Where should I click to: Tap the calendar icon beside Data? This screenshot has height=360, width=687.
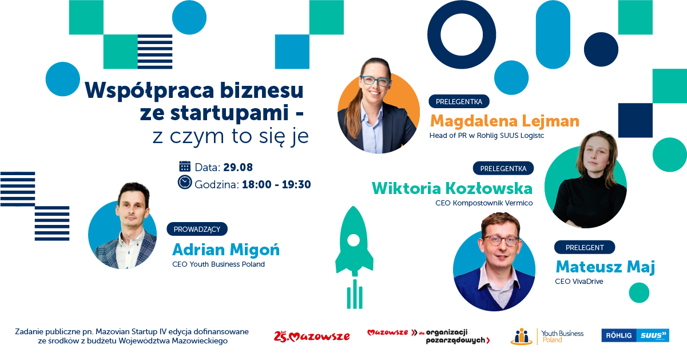coord(185,167)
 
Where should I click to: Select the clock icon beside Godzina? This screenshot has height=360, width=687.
coord(185,183)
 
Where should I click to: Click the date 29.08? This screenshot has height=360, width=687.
coord(238,168)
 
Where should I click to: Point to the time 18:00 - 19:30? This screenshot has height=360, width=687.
coord(276,184)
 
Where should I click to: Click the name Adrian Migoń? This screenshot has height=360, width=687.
coord(226,250)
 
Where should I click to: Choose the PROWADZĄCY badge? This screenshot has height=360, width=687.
coord(197,229)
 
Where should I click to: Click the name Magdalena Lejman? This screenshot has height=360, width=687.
coord(505,121)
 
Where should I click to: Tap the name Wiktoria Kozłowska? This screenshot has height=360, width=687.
coord(452,188)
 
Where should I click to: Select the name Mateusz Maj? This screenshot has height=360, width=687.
coord(605,267)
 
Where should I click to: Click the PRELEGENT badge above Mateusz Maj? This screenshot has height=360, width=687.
coord(585,247)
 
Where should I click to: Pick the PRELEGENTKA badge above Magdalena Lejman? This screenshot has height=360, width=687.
coord(459,102)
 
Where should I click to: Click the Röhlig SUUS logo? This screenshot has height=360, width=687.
coord(635,335)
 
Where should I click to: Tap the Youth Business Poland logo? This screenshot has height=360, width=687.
coord(547,336)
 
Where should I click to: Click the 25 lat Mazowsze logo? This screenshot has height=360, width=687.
coord(312,336)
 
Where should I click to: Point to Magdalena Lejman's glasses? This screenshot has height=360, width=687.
coord(375,81)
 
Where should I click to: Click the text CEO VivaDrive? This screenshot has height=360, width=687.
coord(579,282)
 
